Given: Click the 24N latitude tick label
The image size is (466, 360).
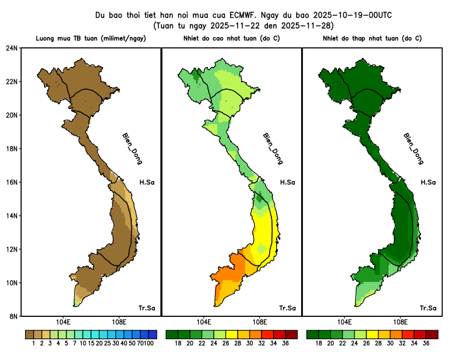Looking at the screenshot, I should pyautogui.click(x=12, y=48).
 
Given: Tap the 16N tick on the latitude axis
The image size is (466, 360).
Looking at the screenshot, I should pyautogui.click(x=12, y=182).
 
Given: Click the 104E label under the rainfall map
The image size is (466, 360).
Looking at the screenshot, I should pyautogui.click(x=63, y=322).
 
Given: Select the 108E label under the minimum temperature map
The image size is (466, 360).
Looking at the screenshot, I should pyautogui.click(x=400, y=322).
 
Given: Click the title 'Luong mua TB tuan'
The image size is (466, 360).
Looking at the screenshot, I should pyautogui.click(x=90, y=38).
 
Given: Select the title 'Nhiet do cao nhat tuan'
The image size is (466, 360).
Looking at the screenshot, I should pyautogui.click(x=231, y=38).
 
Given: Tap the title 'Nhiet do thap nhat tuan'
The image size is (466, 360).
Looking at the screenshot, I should pyautogui.click(x=372, y=38).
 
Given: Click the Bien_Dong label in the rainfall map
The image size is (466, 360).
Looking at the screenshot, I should pyautogui.click(x=132, y=149).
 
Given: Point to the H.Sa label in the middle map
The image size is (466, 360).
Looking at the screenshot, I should pyautogui.click(x=287, y=182).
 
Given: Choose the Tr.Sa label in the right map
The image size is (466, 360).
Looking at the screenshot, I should pyautogui.click(x=428, y=308).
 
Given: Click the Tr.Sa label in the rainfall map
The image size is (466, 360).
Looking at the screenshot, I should pyautogui.click(x=146, y=308).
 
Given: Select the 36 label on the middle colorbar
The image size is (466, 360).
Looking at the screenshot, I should pyautogui.click(x=285, y=344).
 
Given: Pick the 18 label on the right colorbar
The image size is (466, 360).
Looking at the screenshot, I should pyautogui.click(x=319, y=344).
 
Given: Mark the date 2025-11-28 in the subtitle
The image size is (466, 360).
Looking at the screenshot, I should pyautogui.click(x=309, y=26).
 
